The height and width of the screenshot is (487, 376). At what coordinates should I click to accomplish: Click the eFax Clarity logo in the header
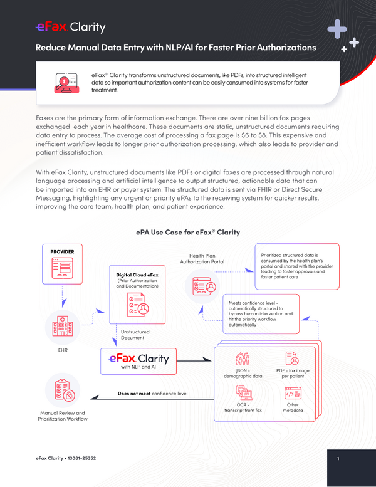(x=70, y=27)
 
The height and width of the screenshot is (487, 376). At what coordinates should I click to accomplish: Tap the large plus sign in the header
(x=337, y=29)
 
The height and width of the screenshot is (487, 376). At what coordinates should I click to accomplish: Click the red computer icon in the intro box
(x=67, y=83)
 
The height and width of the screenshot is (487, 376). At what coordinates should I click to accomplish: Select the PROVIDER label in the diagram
(x=63, y=251)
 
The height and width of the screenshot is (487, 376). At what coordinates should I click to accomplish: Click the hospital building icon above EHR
(x=63, y=327)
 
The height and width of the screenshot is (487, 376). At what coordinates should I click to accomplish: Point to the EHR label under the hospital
(x=63, y=350)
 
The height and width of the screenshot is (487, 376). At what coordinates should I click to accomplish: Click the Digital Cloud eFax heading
(x=137, y=275)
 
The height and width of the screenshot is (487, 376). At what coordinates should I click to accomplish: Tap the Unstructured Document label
(x=135, y=335)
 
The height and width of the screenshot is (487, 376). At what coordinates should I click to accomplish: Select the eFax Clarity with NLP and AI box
(x=138, y=361)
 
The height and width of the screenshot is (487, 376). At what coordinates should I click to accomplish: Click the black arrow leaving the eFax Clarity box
(x=194, y=361)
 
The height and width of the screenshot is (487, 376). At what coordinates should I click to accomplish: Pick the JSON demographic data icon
(x=243, y=359)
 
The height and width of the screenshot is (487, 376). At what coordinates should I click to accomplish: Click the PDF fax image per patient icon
(x=292, y=358)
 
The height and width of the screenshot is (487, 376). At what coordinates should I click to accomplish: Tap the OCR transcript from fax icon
(x=244, y=393)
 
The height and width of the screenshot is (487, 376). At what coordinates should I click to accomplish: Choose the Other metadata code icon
(x=293, y=393)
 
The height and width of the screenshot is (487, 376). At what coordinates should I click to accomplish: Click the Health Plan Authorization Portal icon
(x=204, y=286)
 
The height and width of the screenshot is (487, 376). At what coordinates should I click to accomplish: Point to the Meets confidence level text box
(x=261, y=314)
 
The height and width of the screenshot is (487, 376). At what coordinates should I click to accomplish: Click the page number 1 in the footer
(x=338, y=458)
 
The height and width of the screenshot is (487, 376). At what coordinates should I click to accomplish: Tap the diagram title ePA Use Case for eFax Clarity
(x=188, y=233)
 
